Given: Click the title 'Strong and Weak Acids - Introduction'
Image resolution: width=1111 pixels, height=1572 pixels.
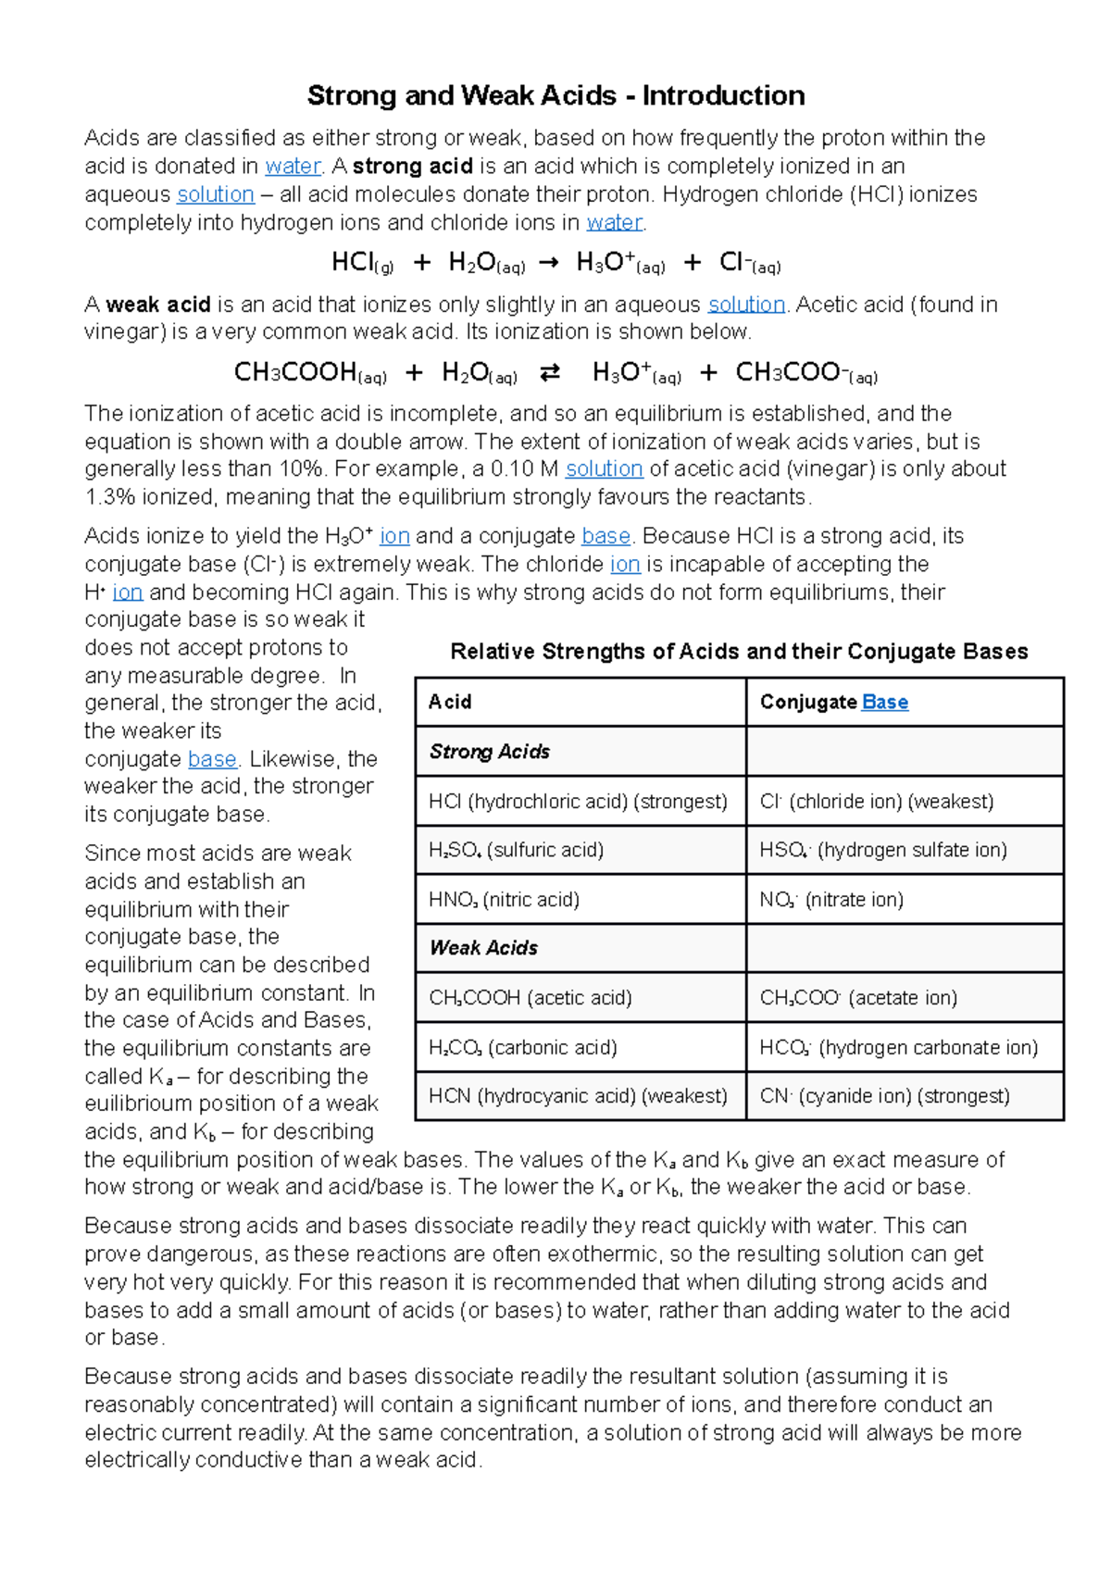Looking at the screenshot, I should click(x=555, y=95).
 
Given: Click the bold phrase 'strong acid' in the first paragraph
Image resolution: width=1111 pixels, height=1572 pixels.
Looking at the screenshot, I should click(x=413, y=167).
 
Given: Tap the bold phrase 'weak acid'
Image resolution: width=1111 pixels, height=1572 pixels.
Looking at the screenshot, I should click(x=158, y=305).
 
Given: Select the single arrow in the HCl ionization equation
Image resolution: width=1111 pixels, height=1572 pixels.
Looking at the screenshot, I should click(x=548, y=264).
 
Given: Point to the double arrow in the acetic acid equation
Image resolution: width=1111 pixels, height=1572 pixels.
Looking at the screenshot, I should click(x=550, y=373).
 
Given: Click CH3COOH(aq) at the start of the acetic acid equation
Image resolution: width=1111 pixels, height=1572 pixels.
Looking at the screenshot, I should click(x=310, y=373).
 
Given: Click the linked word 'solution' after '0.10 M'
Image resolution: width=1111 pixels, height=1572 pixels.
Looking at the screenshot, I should click(x=604, y=469).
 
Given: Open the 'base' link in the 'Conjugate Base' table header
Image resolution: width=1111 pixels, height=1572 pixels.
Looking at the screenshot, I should click(x=884, y=703).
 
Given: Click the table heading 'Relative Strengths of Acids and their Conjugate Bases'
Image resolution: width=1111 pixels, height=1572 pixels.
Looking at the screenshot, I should click(x=739, y=652).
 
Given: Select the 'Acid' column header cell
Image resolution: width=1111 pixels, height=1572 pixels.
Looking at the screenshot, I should click(x=450, y=703).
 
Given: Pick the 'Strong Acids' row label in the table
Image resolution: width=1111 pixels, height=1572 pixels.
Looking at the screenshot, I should click(x=490, y=752).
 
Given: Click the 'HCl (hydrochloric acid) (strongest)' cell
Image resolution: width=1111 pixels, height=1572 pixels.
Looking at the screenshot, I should click(x=578, y=802).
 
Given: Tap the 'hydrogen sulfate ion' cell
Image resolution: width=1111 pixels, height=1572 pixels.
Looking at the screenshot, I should click(x=883, y=850).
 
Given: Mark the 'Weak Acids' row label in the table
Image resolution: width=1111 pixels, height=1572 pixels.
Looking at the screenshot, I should click(x=483, y=948).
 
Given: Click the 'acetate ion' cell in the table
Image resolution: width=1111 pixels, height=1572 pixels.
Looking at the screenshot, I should click(x=858, y=998).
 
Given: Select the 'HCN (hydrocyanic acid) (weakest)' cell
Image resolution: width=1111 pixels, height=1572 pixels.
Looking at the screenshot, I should click(x=578, y=1096).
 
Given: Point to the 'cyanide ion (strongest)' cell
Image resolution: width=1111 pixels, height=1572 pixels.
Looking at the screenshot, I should click(x=884, y=1096).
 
